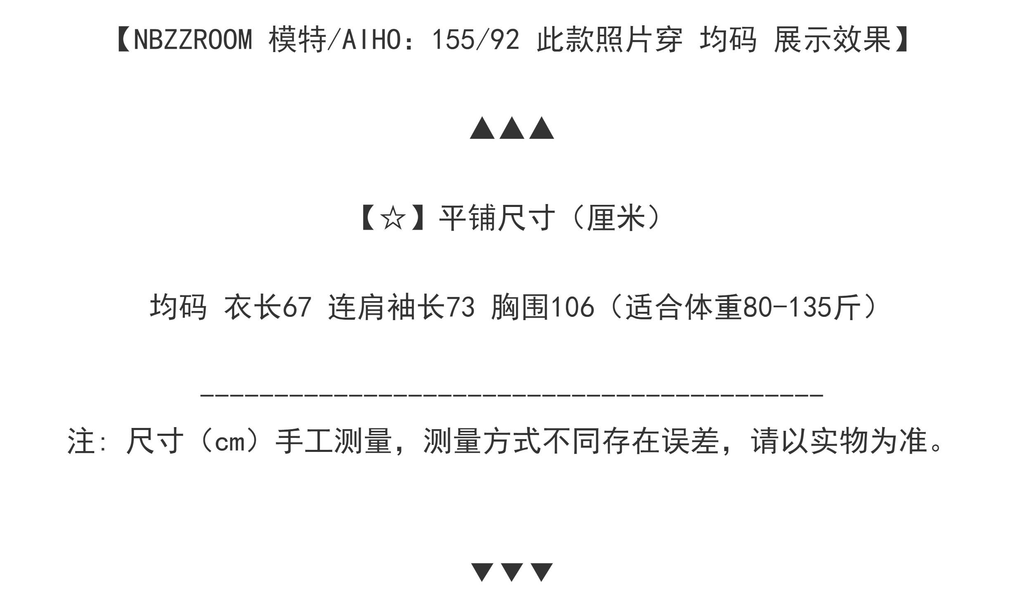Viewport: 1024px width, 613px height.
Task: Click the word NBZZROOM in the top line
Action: tap(193, 40)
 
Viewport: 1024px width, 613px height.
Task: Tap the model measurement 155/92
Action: tap(475, 40)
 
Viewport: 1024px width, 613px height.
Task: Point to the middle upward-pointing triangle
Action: tap(512, 128)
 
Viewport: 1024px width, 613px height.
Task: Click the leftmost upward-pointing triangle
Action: tap(482, 128)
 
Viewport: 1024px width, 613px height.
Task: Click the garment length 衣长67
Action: tap(268, 307)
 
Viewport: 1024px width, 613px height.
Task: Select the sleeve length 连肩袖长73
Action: tap(401, 307)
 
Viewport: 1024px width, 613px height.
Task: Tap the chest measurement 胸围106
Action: tap(543, 307)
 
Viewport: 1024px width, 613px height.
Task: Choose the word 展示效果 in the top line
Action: tap(832, 40)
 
